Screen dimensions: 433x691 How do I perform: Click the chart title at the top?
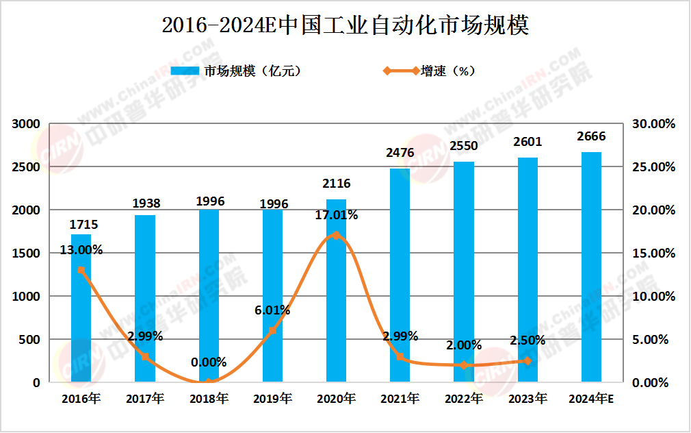coord(345,25)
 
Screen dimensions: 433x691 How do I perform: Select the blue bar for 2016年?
coord(81,308)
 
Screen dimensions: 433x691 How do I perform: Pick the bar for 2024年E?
coord(591,267)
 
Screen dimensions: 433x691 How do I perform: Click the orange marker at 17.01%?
coord(336,235)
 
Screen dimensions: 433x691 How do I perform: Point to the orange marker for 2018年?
coord(209,382)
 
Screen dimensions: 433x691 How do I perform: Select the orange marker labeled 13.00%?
coord(81,270)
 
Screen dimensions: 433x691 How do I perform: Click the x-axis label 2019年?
coord(272,399)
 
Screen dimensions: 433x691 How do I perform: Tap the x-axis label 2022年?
coord(464,399)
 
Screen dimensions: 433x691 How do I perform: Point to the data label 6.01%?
coord(272,310)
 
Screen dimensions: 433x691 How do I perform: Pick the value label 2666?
coord(591,137)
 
